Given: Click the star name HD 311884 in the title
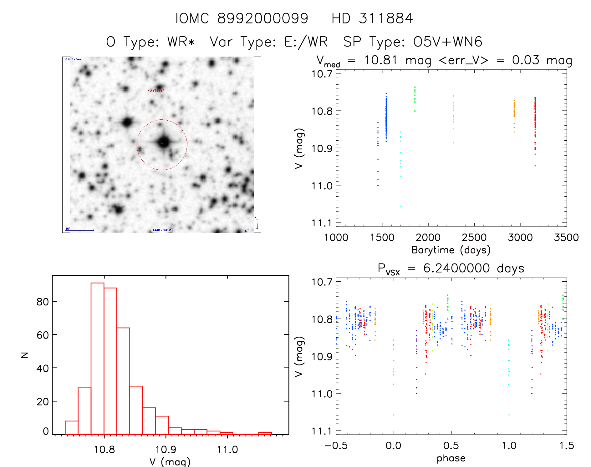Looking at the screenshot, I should point(372,18).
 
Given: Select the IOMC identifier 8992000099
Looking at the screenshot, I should point(263,18).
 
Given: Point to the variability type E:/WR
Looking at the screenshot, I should point(306,42).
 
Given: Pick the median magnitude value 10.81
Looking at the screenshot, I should point(380,60).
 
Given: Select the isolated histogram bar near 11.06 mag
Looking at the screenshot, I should point(265,433).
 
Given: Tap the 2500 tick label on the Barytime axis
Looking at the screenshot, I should point(474,237).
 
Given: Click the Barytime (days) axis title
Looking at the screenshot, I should point(451,250).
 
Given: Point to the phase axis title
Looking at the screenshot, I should point(451,458).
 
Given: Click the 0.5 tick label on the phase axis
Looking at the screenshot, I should point(451,445).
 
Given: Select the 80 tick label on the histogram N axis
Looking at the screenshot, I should point(43,302).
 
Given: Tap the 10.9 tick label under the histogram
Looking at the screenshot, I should point(166,449).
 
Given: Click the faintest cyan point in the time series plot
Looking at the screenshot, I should point(401,207).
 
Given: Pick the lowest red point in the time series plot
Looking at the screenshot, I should point(535,166).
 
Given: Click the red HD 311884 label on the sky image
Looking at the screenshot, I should point(156,90).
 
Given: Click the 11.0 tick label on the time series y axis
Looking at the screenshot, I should point(322,186).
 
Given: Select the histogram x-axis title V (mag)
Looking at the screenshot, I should point(170,462).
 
